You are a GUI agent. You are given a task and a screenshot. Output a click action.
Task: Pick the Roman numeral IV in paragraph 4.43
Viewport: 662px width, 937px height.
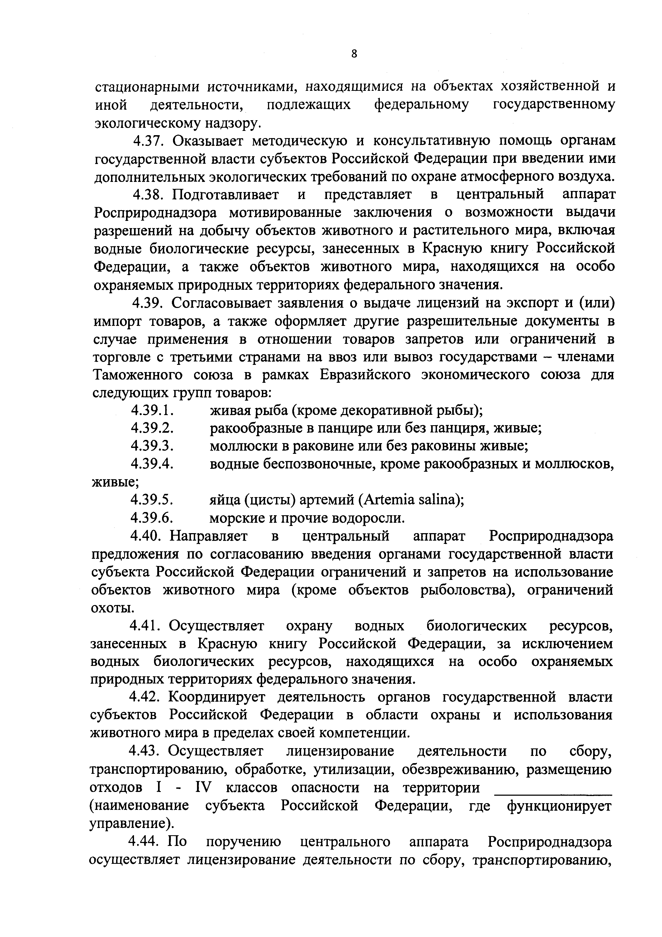[x=203, y=788]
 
